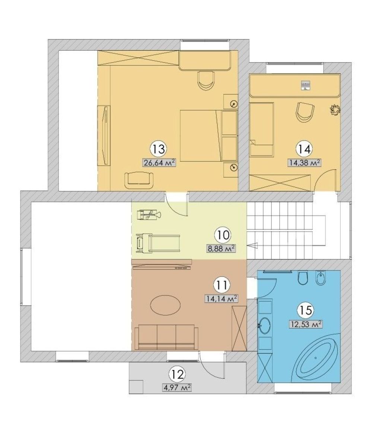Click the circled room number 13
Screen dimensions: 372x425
pyautogui.click(x=158, y=149)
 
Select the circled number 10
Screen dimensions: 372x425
pyautogui.click(x=223, y=235)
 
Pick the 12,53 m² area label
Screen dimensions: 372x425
pyautogui.click(x=306, y=324)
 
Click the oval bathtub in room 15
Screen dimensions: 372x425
pyautogui.click(x=316, y=358)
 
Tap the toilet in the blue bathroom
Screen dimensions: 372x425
pyautogui.click(x=303, y=278)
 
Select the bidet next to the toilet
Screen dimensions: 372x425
pyautogui.click(x=321, y=278)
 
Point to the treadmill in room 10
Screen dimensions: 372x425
pyautogui.click(x=158, y=244)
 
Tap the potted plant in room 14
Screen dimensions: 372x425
pyautogui.click(x=335, y=110)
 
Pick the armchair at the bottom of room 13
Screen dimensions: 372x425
pyautogui.click(x=139, y=180)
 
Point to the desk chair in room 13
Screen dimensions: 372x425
pyautogui.click(x=206, y=80)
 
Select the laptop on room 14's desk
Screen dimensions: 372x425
pyautogui.click(x=305, y=84)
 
